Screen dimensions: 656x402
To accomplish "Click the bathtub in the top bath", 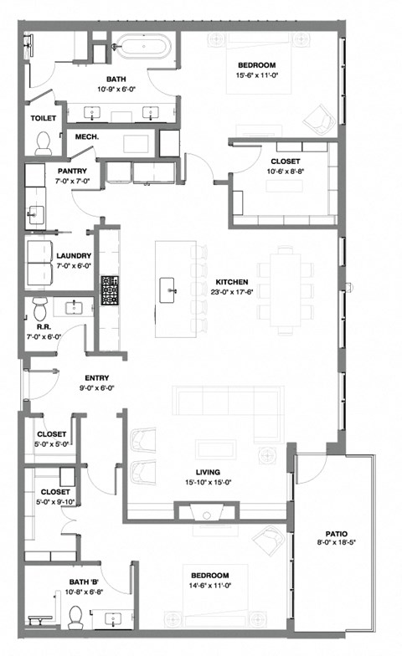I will [x=143, y=45].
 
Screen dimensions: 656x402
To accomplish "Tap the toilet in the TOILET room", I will [x=44, y=143].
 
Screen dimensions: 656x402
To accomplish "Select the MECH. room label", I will [x=88, y=137].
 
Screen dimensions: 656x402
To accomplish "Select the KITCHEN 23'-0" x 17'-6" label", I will [x=231, y=281].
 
